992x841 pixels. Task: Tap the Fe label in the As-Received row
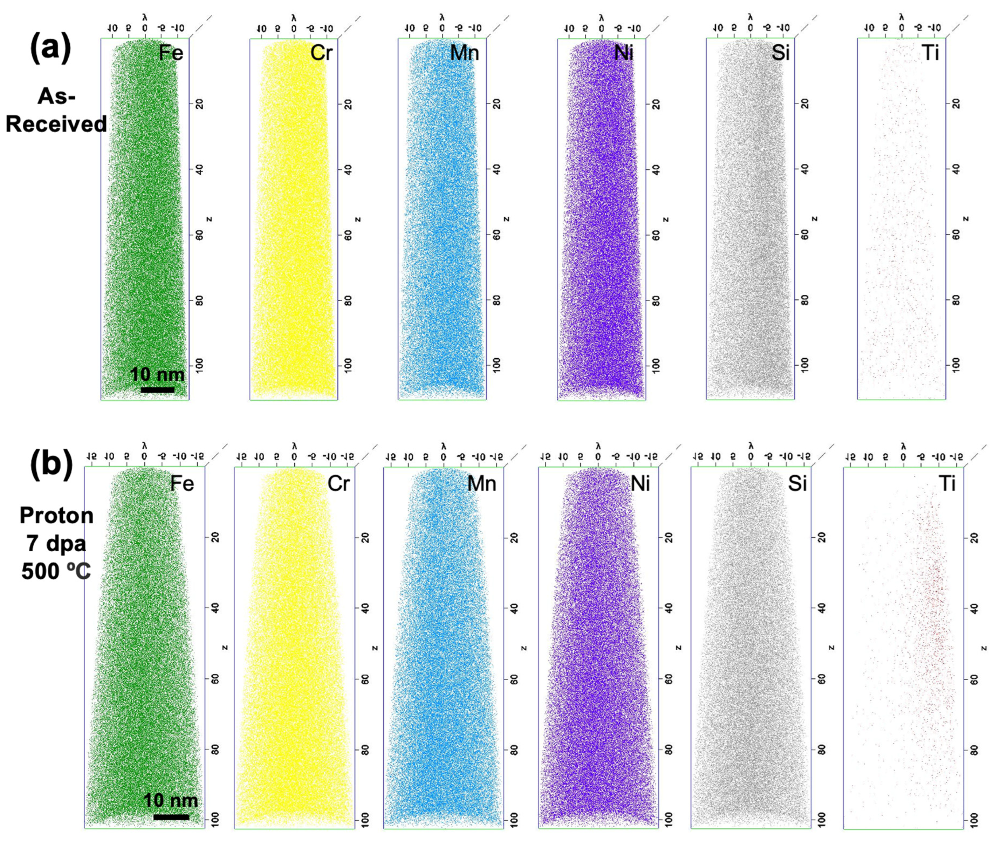pos(171,53)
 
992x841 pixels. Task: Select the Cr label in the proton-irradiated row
pos(339,484)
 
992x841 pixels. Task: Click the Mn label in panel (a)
pos(464,53)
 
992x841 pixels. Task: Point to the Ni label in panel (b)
pos(640,484)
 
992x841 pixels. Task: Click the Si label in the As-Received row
pos(781,53)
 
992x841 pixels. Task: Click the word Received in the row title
pos(56,124)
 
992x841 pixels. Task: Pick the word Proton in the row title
pos(56,516)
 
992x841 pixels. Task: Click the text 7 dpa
pos(56,544)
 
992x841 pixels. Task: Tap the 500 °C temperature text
pos(56,571)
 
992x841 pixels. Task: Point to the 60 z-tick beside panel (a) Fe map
pos(199,235)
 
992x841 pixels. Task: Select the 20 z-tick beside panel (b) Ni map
pos(668,538)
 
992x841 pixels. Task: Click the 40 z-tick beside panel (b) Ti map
pos(974,609)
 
